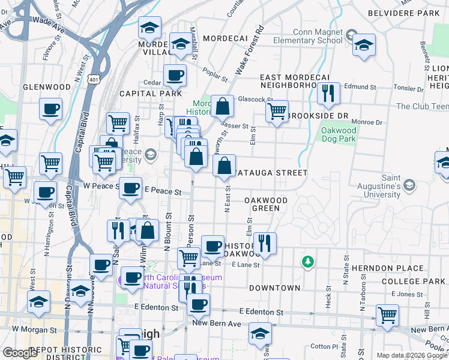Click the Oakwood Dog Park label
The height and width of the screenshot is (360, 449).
[339, 134]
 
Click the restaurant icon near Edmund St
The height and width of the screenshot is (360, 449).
[328, 93]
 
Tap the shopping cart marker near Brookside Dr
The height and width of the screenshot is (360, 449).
[277, 111]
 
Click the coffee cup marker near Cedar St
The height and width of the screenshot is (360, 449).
[175, 75]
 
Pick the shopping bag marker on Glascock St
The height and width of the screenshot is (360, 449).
[222, 106]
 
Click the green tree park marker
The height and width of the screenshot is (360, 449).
[307, 262]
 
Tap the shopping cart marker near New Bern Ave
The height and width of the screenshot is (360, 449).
[387, 314]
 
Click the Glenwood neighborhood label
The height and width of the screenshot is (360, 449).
[43, 87]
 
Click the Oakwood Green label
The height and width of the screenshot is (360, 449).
[266, 204]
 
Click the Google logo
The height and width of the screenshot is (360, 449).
[20, 353]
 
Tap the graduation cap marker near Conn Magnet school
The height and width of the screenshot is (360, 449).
[363, 45]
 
